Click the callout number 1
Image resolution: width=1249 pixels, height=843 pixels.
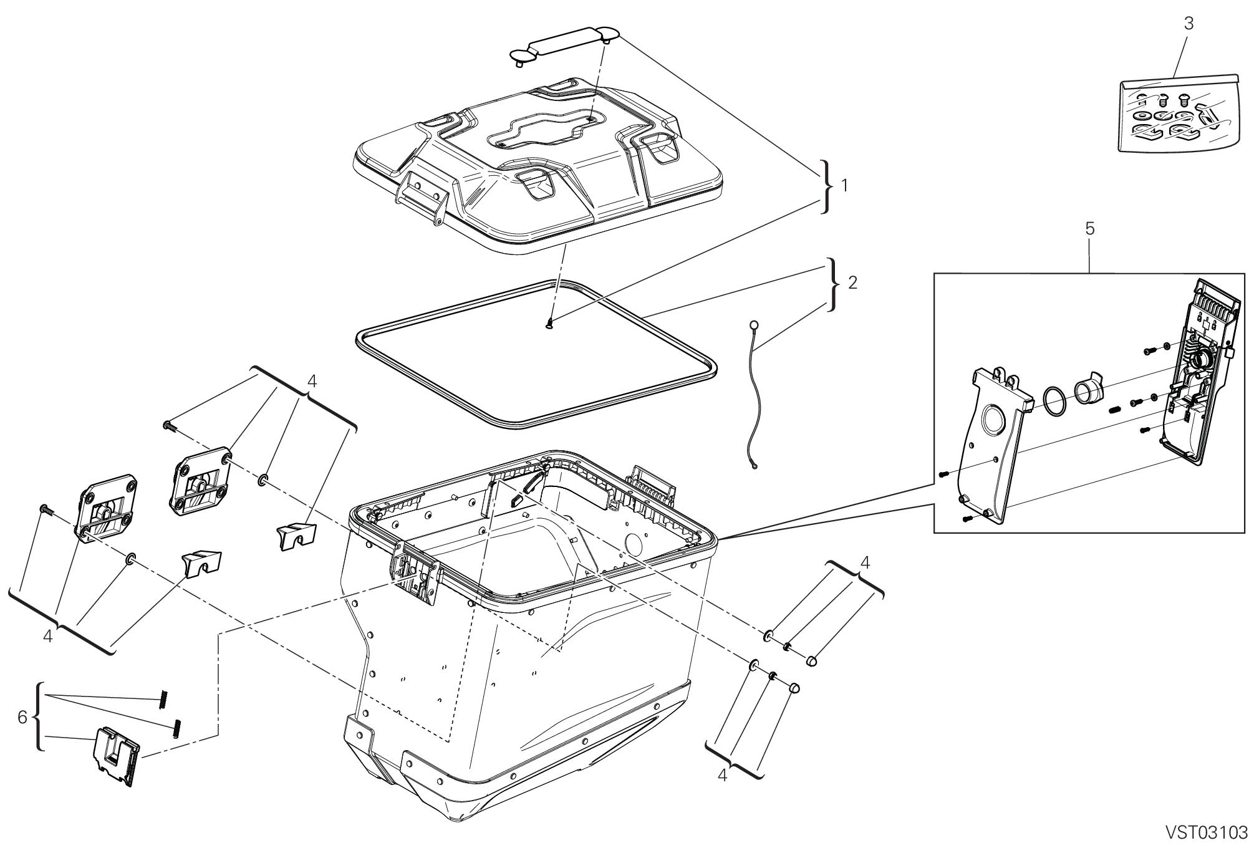[844, 186]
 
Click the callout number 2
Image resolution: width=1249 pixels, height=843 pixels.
[852, 282]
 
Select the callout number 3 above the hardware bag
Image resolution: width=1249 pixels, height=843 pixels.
[1189, 24]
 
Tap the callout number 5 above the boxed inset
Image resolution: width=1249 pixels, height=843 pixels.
[1089, 229]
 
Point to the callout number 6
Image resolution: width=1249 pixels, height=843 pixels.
[22, 718]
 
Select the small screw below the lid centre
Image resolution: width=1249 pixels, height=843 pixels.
[549, 323]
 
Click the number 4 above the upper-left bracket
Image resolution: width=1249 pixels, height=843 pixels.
[312, 382]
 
